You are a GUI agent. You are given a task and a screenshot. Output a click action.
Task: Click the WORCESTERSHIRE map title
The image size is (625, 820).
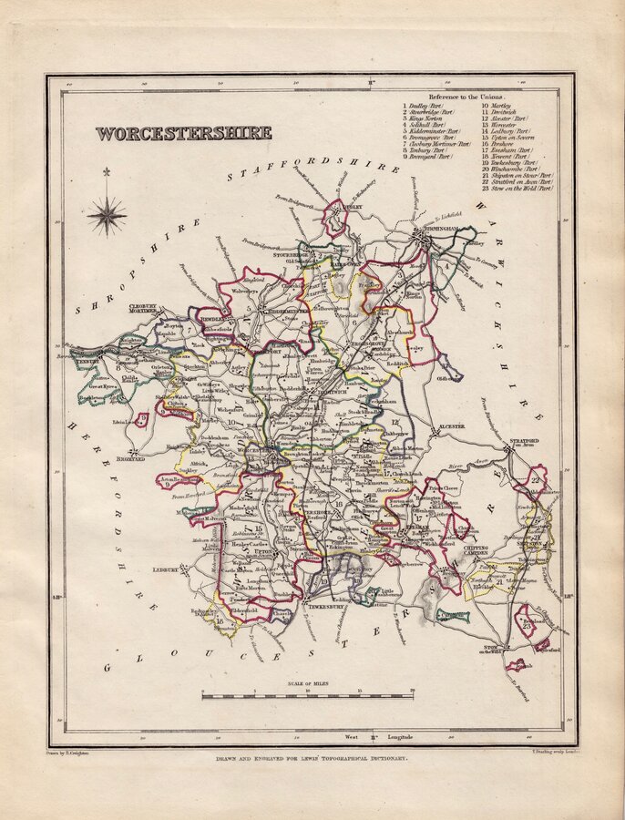(183, 133)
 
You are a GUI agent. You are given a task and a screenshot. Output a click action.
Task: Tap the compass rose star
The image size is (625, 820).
(108, 215)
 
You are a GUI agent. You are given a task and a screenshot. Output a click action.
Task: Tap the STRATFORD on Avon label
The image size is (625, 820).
(523, 443)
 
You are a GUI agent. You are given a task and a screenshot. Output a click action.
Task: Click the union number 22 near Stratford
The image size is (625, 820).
(538, 480)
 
